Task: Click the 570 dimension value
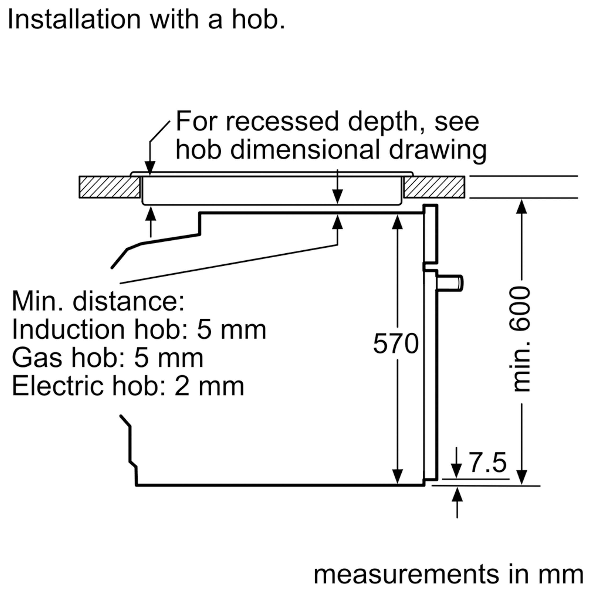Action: pyautogui.click(x=396, y=344)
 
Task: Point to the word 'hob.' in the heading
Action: pyautogui.click(x=258, y=20)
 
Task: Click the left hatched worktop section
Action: pyautogui.click(x=109, y=187)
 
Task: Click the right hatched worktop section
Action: pyautogui.click(x=434, y=187)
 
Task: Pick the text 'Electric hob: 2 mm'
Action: pyautogui.click(x=128, y=386)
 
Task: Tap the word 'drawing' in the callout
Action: pyautogui.click(x=438, y=150)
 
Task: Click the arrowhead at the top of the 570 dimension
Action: pyautogui.click(x=397, y=222)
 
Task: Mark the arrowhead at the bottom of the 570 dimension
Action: pyautogui.click(x=397, y=477)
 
